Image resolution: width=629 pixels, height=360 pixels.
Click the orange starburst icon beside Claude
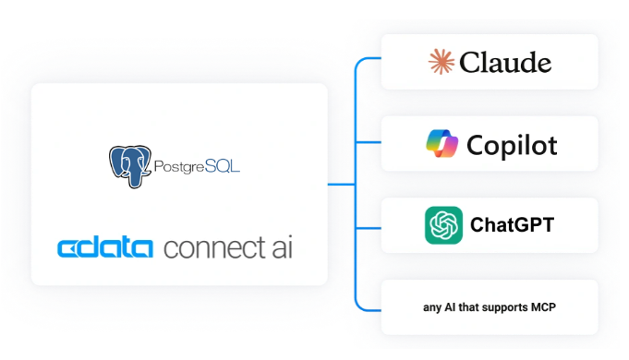(442, 62)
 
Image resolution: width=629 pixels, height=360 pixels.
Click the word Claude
(505, 63)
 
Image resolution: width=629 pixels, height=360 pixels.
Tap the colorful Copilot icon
(442, 143)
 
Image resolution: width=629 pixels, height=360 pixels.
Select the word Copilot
(512, 145)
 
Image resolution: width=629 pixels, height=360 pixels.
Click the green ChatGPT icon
(443, 225)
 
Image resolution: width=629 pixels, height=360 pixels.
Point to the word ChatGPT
(513, 224)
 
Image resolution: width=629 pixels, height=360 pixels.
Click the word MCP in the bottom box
(543, 307)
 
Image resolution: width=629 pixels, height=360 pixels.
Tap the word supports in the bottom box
(504, 308)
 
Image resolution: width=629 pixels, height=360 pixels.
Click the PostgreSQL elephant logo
(130, 166)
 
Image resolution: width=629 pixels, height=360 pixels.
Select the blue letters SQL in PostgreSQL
(223, 165)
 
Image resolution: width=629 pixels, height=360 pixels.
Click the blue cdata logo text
(105, 248)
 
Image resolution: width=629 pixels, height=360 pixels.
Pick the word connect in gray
(214, 248)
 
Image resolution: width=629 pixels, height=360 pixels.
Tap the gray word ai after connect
(283, 247)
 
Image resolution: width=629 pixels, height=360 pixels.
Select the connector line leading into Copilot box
(369, 142)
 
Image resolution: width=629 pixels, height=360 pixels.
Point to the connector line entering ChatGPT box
(369, 228)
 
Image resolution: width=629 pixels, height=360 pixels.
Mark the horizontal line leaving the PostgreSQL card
(342, 185)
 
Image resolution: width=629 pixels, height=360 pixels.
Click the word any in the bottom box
(432, 308)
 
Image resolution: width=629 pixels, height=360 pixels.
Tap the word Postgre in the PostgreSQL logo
(179, 167)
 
